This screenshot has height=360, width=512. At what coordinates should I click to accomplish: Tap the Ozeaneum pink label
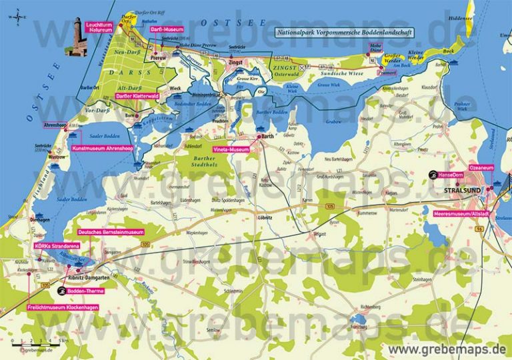(x=481, y=167)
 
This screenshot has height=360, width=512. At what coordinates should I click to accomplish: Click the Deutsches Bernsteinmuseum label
(x=111, y=232)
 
